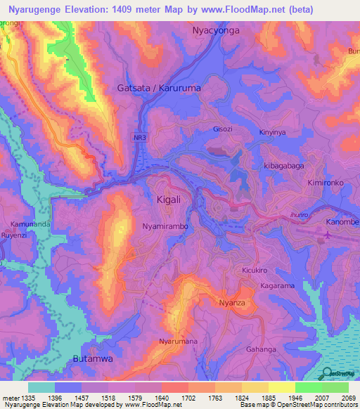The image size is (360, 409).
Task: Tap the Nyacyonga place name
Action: pyautogui.click(x=216, y=32)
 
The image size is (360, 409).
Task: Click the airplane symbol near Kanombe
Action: pyautogui.click(x=328, y=235)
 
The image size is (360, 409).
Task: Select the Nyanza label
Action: pyautogui.click(x=231, y=302)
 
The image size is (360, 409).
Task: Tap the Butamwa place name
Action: pyautogui.click(x=93, y=359)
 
